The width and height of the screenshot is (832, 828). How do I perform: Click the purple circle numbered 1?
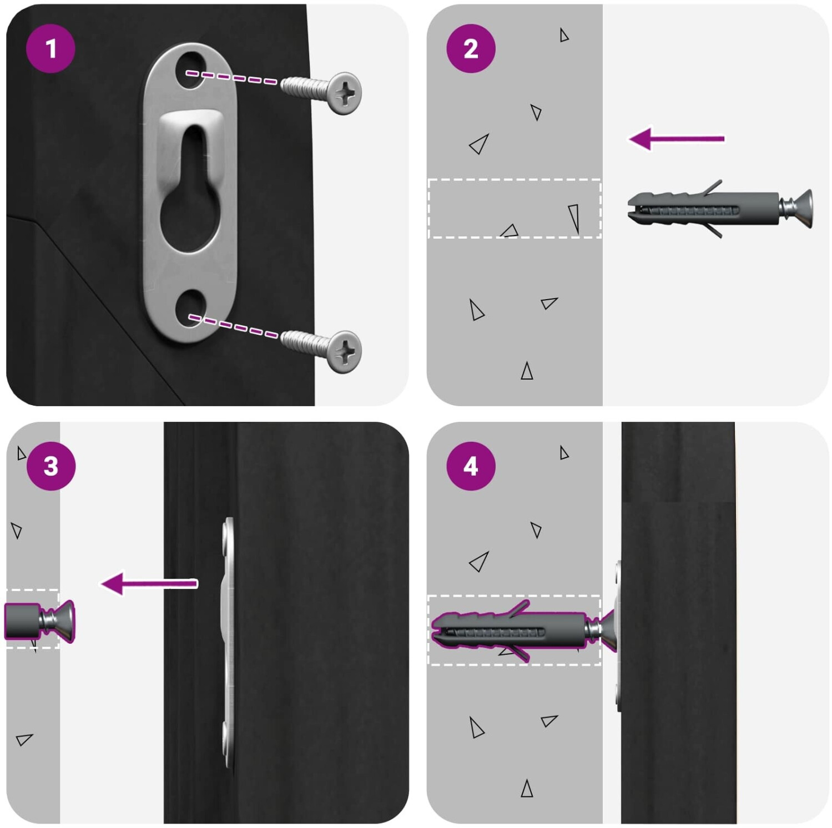(51, 48)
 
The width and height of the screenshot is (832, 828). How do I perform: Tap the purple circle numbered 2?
(471, 48)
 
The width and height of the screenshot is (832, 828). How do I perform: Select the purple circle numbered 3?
(51, 466)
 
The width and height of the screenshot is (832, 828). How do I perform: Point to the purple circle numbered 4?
(471, 466)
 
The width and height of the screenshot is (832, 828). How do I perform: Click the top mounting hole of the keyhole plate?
(190, 70)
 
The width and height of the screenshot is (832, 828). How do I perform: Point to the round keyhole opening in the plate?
(189, 219)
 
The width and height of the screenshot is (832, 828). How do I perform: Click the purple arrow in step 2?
(677, 139)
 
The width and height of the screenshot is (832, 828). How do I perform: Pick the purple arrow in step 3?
(149, 584)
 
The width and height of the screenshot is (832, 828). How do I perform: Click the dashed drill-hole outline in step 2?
(515, 180)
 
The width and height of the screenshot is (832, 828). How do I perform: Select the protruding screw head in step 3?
(61, 621)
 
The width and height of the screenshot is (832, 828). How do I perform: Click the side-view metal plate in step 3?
(229, 644)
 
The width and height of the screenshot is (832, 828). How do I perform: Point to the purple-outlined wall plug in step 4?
(508, 630)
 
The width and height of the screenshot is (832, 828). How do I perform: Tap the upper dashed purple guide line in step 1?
(231, 77)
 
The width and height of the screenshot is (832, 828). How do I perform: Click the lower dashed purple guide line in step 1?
(233, 326)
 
